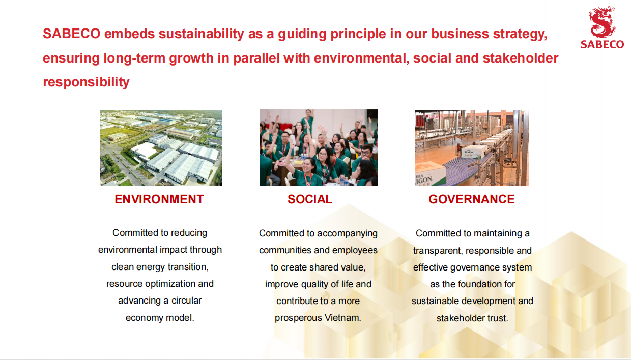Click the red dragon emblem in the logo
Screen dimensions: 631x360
pos(602,22)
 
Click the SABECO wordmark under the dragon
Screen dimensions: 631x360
pos(603,44)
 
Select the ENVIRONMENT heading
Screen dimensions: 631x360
pos(159,199)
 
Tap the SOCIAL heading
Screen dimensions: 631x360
pos(310,199)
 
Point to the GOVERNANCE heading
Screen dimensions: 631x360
pos(472,199)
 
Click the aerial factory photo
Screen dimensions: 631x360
pos(161,147)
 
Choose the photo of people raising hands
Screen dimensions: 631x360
pos(319,147)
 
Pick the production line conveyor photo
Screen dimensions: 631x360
pos(472,147)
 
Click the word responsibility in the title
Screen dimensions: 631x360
pos(86,82)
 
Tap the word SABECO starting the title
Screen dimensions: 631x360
pos(72,34)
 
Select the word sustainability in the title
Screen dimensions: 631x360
pos(202,34)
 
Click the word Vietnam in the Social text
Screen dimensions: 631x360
pos(342,318)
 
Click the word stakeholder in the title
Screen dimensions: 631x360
pos(521,58)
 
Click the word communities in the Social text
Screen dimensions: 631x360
pos(282,250)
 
